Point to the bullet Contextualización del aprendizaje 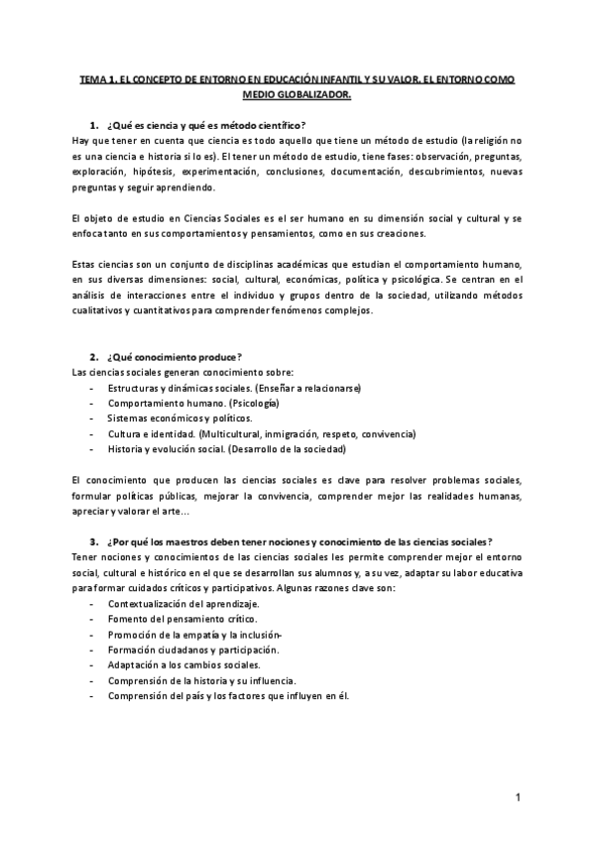pos(183,604)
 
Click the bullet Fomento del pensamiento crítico pos(181,619)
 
